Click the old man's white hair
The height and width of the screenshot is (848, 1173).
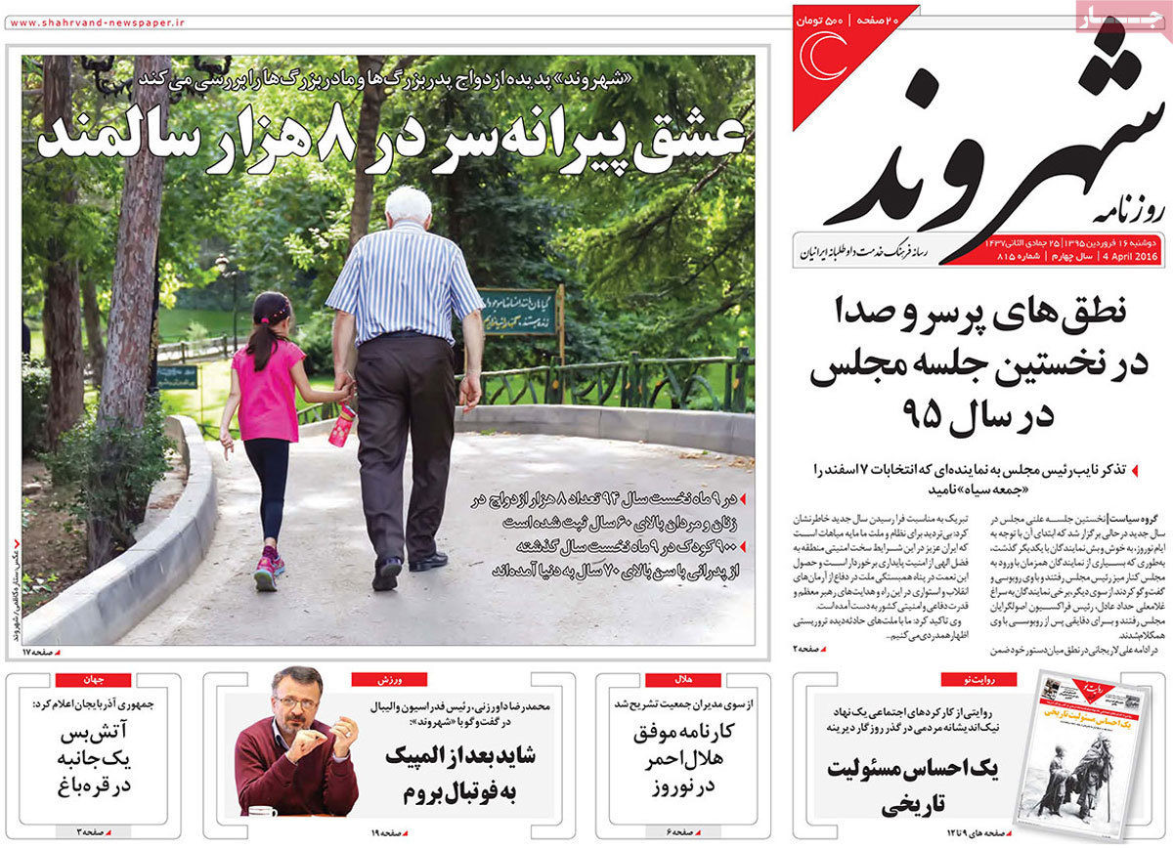coord(408,205)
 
